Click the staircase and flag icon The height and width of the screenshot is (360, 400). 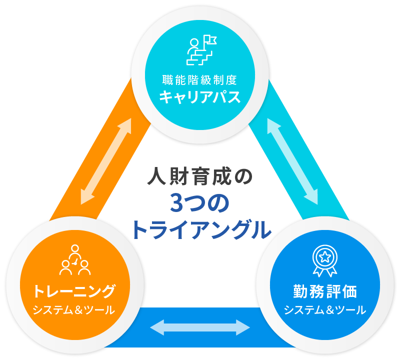(200, 50)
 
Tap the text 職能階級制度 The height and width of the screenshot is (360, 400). (200, 79)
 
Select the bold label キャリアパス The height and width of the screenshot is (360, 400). (200, 97)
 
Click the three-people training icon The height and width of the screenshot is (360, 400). (75, 260)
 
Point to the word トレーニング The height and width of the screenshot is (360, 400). (74, 290)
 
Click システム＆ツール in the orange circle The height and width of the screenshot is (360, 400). (74, 309)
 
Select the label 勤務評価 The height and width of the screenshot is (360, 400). (325, 290)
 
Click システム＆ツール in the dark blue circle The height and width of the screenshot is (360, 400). (325, 309)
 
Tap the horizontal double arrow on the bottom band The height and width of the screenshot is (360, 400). (200, 327)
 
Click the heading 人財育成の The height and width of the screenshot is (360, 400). (200, 177)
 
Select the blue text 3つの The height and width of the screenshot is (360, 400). (199, 203)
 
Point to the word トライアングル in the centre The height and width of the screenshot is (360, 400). (200, 228)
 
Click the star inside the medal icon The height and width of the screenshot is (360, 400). (325, 256)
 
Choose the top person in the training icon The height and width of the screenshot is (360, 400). (75, 249)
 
